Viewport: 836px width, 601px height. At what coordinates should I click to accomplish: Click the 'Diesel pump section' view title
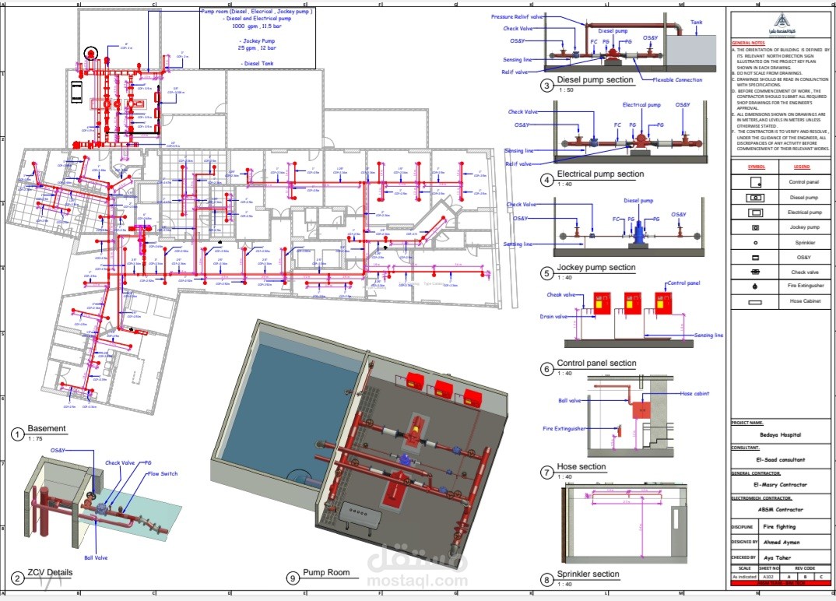598,80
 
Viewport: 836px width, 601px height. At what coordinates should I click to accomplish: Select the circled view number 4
547,180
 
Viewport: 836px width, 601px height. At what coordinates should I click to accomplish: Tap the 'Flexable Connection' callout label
677,79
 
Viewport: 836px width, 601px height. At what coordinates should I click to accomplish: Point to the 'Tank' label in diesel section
697,22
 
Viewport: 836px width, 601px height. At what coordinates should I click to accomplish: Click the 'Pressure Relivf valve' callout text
517,16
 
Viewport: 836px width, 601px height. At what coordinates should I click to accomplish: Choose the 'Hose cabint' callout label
694,394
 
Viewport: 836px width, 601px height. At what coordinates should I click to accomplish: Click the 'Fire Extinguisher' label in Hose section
564,428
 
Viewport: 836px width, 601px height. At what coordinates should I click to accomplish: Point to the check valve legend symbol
755,272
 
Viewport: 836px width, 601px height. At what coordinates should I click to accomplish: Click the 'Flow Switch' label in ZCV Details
162,473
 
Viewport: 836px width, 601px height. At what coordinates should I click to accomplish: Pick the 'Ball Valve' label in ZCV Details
97,557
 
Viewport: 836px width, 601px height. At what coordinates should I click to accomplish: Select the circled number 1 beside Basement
18,434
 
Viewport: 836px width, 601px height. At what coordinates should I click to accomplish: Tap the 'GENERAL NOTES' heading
747,42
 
